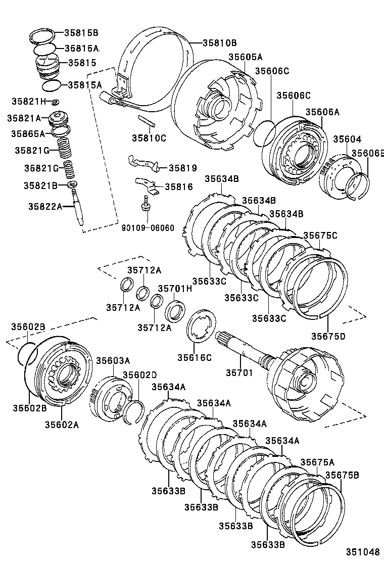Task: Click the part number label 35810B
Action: coord(220,43)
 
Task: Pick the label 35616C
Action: coord(194,357)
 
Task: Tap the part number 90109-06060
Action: coord(148,228)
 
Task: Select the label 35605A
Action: coord(246,57)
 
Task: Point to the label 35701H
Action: coord(175,289)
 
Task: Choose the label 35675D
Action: coord(328,336)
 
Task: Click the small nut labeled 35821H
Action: coord(56,102)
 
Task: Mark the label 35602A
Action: coord(62,425)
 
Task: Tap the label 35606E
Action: coord(368,153)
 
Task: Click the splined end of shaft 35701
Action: coord(225,337)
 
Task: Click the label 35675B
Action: coord(342,475)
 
